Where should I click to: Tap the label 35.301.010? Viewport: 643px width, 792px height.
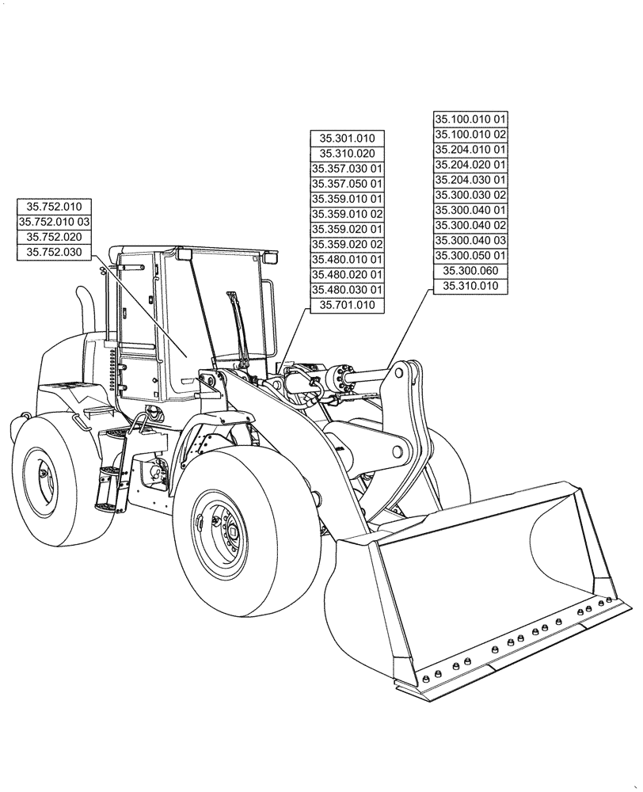click(347, 139)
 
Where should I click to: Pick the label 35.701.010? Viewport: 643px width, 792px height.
click(347, 305)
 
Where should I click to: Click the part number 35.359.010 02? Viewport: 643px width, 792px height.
click(347, 214)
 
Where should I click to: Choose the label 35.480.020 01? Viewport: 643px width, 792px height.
click(347, 274)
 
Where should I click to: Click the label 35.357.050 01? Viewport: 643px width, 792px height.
click(347, 184)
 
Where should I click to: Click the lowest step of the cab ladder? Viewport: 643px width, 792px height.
click(108, 504)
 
